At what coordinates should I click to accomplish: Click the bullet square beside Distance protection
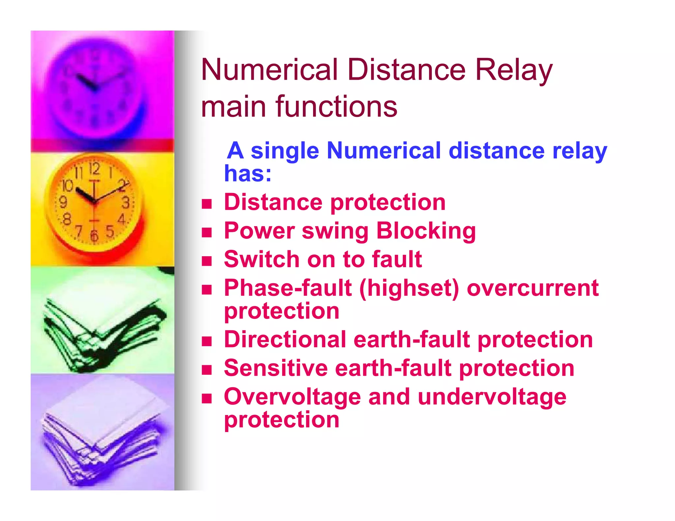coord(207,204)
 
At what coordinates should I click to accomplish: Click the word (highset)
coord(409,288)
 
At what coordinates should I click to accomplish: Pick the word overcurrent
coord(533,288)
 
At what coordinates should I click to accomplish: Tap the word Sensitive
coord(276,368)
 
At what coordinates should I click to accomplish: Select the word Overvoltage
coord(292,397)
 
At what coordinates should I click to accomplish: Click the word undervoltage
coord(492,397)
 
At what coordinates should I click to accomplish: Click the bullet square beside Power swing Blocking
coord(207,233)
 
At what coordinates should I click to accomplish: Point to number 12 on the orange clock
coord(94,169)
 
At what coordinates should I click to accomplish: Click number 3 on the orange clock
coord(126,203)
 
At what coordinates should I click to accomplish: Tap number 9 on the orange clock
coord(63,202)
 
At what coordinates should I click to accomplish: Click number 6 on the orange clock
coord(94,235)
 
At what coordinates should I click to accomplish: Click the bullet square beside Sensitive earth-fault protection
coord(207,370)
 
